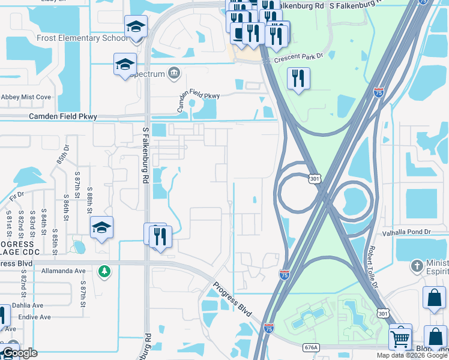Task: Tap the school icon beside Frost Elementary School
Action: pyautogui.click(x=136, y=27)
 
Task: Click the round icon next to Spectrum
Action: pyautogui.click(x=174, y=73)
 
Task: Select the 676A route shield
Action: pyautogui.click(x=310, y=347)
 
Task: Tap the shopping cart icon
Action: pyautogui.click(x=400, y=337)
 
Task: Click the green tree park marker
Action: pyautogui.click(x=104, y=271)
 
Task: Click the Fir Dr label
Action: pyautogui.click(x=17, y=194)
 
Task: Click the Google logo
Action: pyautogui.click(x=20, y=353)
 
